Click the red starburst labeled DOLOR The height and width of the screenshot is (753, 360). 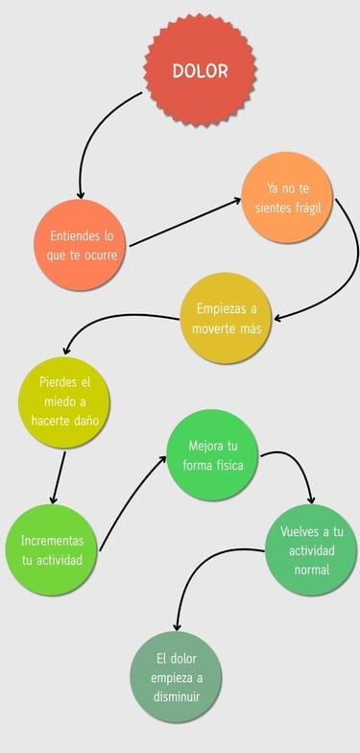(200, 71)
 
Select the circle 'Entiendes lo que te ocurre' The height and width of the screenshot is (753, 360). (82, 246)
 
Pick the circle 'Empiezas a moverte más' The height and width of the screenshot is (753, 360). (227, 318)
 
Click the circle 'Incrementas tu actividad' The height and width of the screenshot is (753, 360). (52, 550)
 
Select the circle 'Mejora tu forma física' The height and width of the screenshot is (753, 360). (212, 455)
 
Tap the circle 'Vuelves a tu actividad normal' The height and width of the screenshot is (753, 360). (311, 549)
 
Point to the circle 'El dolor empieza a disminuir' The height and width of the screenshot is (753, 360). (176, 677)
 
